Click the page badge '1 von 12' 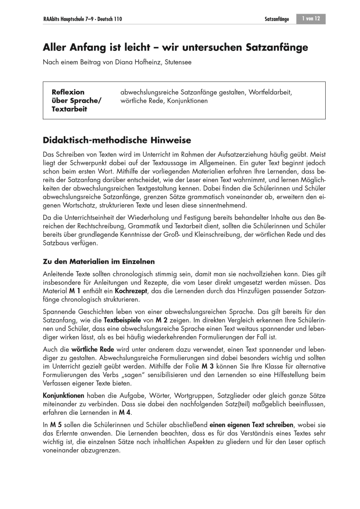[x=311, y=19]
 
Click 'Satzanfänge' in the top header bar [x=276, y=19]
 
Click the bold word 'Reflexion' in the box [x=68, y=92]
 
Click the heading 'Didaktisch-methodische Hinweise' [x=117, y=140]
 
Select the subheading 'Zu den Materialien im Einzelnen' [x=99, y=261]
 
